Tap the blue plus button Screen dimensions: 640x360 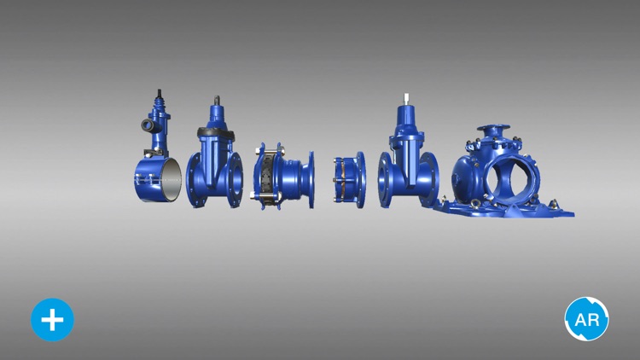pyautogui.click(x=52, y=320)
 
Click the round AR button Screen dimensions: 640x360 pyautogui.click(x=586, y=319)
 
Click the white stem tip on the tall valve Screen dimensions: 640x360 pyautogui.click(x=406, y=99)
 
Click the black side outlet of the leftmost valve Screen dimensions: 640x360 pyautogui.click(x=148, y=125)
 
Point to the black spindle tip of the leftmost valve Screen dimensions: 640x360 pyautogui.click(x=160, y=93)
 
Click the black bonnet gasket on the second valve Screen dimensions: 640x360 pyautogui.click(x=216, y=132)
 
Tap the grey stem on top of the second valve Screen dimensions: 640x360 pyautogui.click(x=217, y=100)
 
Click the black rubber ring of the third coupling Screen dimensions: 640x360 pyautogui.click(x=266, y=177)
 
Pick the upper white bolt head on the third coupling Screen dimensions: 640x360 pyautogui.click(x=257, y=152)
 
